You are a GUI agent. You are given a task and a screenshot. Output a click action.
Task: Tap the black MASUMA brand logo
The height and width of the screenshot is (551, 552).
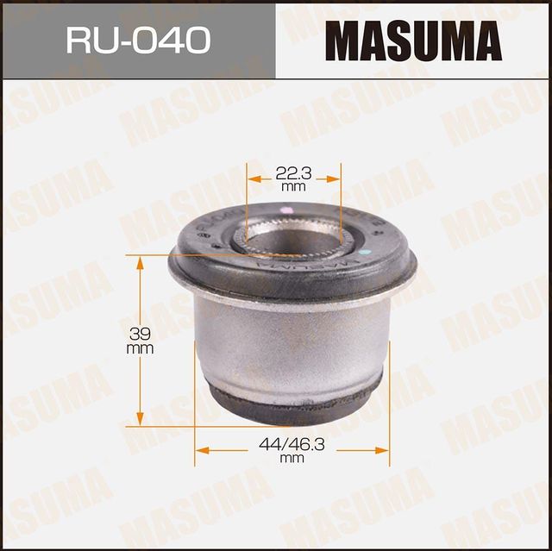413,40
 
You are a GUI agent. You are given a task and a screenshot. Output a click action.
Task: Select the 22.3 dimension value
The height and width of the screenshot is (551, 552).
293,172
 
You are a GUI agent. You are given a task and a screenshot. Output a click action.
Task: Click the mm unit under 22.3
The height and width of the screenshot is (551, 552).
293,186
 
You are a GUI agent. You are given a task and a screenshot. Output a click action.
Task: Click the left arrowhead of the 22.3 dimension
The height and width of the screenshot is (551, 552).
252,179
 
